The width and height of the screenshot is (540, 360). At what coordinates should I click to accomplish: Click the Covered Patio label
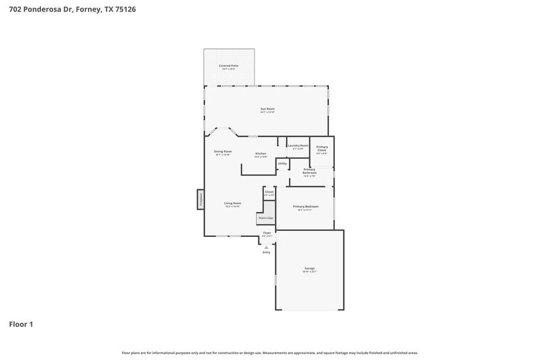click(228, 66)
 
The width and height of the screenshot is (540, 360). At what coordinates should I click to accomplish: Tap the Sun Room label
click(267, 110)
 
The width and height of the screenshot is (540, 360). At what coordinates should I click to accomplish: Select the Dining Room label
click(222, 152)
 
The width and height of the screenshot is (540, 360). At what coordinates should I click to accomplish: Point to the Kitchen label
click(261, 154)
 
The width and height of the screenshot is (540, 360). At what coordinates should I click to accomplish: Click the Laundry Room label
click(298, 146)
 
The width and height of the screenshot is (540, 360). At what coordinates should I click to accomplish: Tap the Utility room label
click(282, 163)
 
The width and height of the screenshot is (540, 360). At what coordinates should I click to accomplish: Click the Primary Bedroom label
click(306, 207)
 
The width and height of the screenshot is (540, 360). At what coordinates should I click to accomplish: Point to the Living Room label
click(232, 204)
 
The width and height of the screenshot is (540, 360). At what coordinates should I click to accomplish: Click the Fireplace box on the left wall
click(200, 199)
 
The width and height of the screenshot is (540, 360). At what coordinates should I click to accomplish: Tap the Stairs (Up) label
click(266, 218)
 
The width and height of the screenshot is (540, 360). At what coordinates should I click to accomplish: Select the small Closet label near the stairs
click(269, 192)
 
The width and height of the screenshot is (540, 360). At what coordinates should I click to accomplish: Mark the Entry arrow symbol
click(266, 247)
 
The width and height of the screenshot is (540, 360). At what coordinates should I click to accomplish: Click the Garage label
click(309, 269)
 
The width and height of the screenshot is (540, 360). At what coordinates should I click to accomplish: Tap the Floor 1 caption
click(21, 324)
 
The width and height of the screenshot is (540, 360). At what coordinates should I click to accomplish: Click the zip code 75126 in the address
click(123, 9)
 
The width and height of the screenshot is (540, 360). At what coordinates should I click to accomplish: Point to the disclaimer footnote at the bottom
click(269, 353)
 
